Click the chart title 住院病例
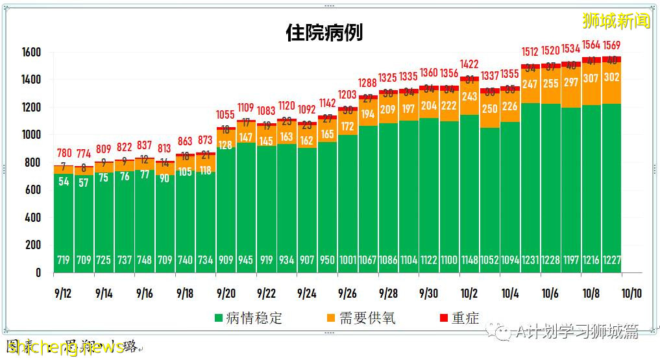click(324, 33)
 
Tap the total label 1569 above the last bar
click(612, 45)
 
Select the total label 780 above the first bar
click(64, 153)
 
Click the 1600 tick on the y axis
click(31, 53)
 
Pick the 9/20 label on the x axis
click(225, 293)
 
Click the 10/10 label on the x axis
click(631, 293)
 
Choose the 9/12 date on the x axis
click(63, 293)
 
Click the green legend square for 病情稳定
click(219, 318)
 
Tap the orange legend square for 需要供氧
click(330, 318)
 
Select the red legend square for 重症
click(444, 318)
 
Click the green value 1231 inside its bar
click(530, 260)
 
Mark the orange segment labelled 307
click(591, 78)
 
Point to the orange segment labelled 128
click(225, 145)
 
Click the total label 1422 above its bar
click(469, 64)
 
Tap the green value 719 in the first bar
click(64, 260)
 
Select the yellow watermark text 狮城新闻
click(616, 21)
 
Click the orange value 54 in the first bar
click(64, 182)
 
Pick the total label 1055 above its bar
click(225, 115)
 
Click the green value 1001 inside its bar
click(348, 260)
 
